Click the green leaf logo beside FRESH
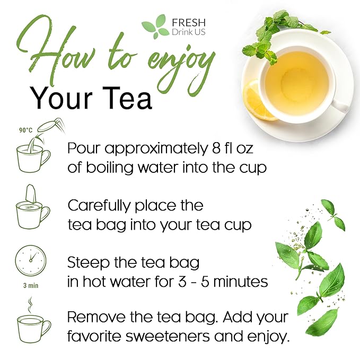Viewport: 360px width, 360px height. point(154,27)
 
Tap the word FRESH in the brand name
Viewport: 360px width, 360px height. point(188,22)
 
